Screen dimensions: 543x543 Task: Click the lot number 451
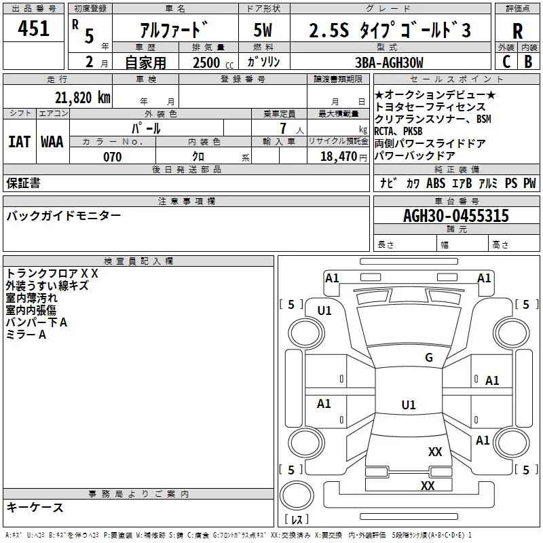[33, 29]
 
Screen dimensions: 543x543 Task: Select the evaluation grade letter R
[517, 31]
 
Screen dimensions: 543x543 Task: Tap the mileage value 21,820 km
[82, 97]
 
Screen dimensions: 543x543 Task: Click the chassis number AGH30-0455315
[456, 216]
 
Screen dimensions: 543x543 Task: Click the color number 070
[112, 157]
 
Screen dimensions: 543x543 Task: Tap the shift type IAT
[19, 141]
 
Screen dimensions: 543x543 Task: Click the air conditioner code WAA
[52, 141]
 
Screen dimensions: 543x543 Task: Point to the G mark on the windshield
[428, 358]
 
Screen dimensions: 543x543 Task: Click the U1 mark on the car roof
[408, 405]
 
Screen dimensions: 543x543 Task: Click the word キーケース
[35, 508]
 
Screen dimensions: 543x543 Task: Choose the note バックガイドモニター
[64, 216]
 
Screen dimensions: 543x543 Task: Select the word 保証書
[23, 183]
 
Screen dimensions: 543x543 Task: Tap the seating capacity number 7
[281, 128]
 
